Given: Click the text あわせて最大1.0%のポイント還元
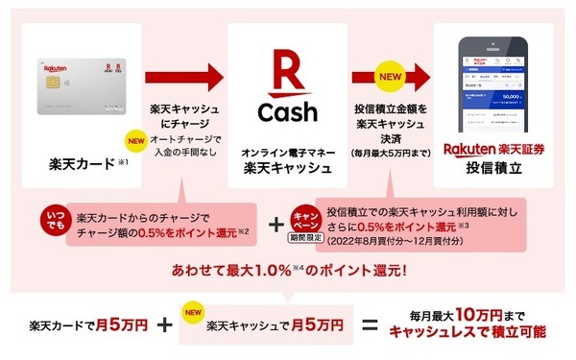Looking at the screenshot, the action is click(288, 267).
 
